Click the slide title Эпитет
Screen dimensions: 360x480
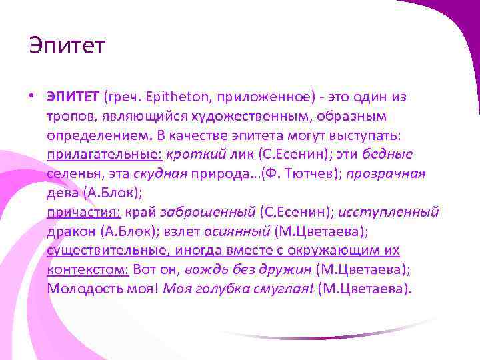point(67,47)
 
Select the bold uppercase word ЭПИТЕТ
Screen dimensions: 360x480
point(73,97)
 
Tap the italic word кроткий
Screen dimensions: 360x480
point(193,155)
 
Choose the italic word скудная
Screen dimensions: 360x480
point(160,174)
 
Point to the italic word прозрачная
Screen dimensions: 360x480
point(387,174)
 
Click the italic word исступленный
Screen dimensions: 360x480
point(389,213)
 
